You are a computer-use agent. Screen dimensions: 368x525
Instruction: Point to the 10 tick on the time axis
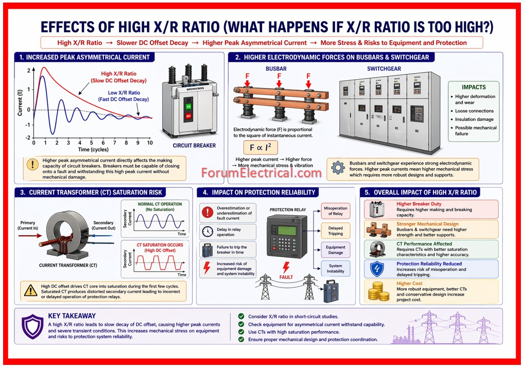pos(150,142)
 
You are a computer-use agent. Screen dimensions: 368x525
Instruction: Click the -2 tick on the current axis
pos(28,138)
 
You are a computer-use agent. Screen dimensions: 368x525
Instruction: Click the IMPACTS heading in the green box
pos(473,87)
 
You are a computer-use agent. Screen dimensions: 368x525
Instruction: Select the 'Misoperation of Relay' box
pos(335,211)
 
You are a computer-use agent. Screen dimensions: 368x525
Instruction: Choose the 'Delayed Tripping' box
pos(335,230)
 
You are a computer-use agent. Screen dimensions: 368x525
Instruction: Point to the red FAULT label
pos(286,275)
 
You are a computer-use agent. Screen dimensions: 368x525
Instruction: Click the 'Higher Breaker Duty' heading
pos(419,204)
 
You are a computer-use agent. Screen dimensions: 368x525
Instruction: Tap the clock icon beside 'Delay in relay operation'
pos(207,231)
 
